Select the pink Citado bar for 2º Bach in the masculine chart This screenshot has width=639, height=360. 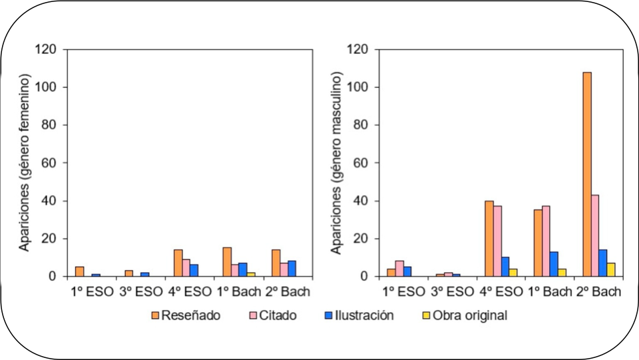tap(595, 236)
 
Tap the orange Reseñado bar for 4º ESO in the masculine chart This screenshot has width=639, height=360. tap(489, 238)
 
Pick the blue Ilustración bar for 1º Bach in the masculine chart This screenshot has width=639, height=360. tap(554, 264)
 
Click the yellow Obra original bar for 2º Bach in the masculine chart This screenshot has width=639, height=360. tap(611, 270)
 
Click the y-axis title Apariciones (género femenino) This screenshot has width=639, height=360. tap(25, 163)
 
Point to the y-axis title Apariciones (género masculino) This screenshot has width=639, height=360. tap(336, 163)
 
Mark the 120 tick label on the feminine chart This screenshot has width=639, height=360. tap(49, 50)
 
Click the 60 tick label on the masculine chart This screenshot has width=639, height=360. tap(361, 163)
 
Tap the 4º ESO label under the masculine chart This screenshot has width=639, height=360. tap(501, 291)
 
